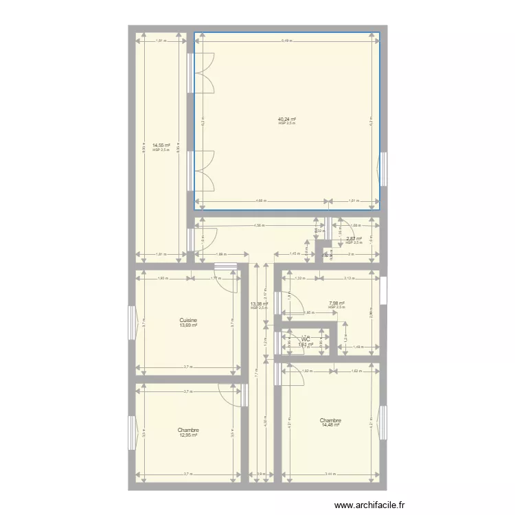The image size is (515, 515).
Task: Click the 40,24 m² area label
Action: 286,119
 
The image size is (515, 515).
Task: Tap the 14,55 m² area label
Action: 161,145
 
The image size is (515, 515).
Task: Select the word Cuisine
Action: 189,320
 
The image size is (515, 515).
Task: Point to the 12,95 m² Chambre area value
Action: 188,435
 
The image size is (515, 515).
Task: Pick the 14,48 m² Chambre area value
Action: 330,425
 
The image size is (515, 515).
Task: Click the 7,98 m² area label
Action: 336,303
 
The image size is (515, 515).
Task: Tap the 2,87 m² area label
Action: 353,239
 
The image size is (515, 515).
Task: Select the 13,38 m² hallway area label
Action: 258,304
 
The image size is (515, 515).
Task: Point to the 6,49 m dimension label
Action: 286,41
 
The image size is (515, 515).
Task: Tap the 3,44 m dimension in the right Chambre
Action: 330,474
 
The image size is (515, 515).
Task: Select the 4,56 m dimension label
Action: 258,225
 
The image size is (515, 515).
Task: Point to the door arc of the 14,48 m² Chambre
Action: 294,377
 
